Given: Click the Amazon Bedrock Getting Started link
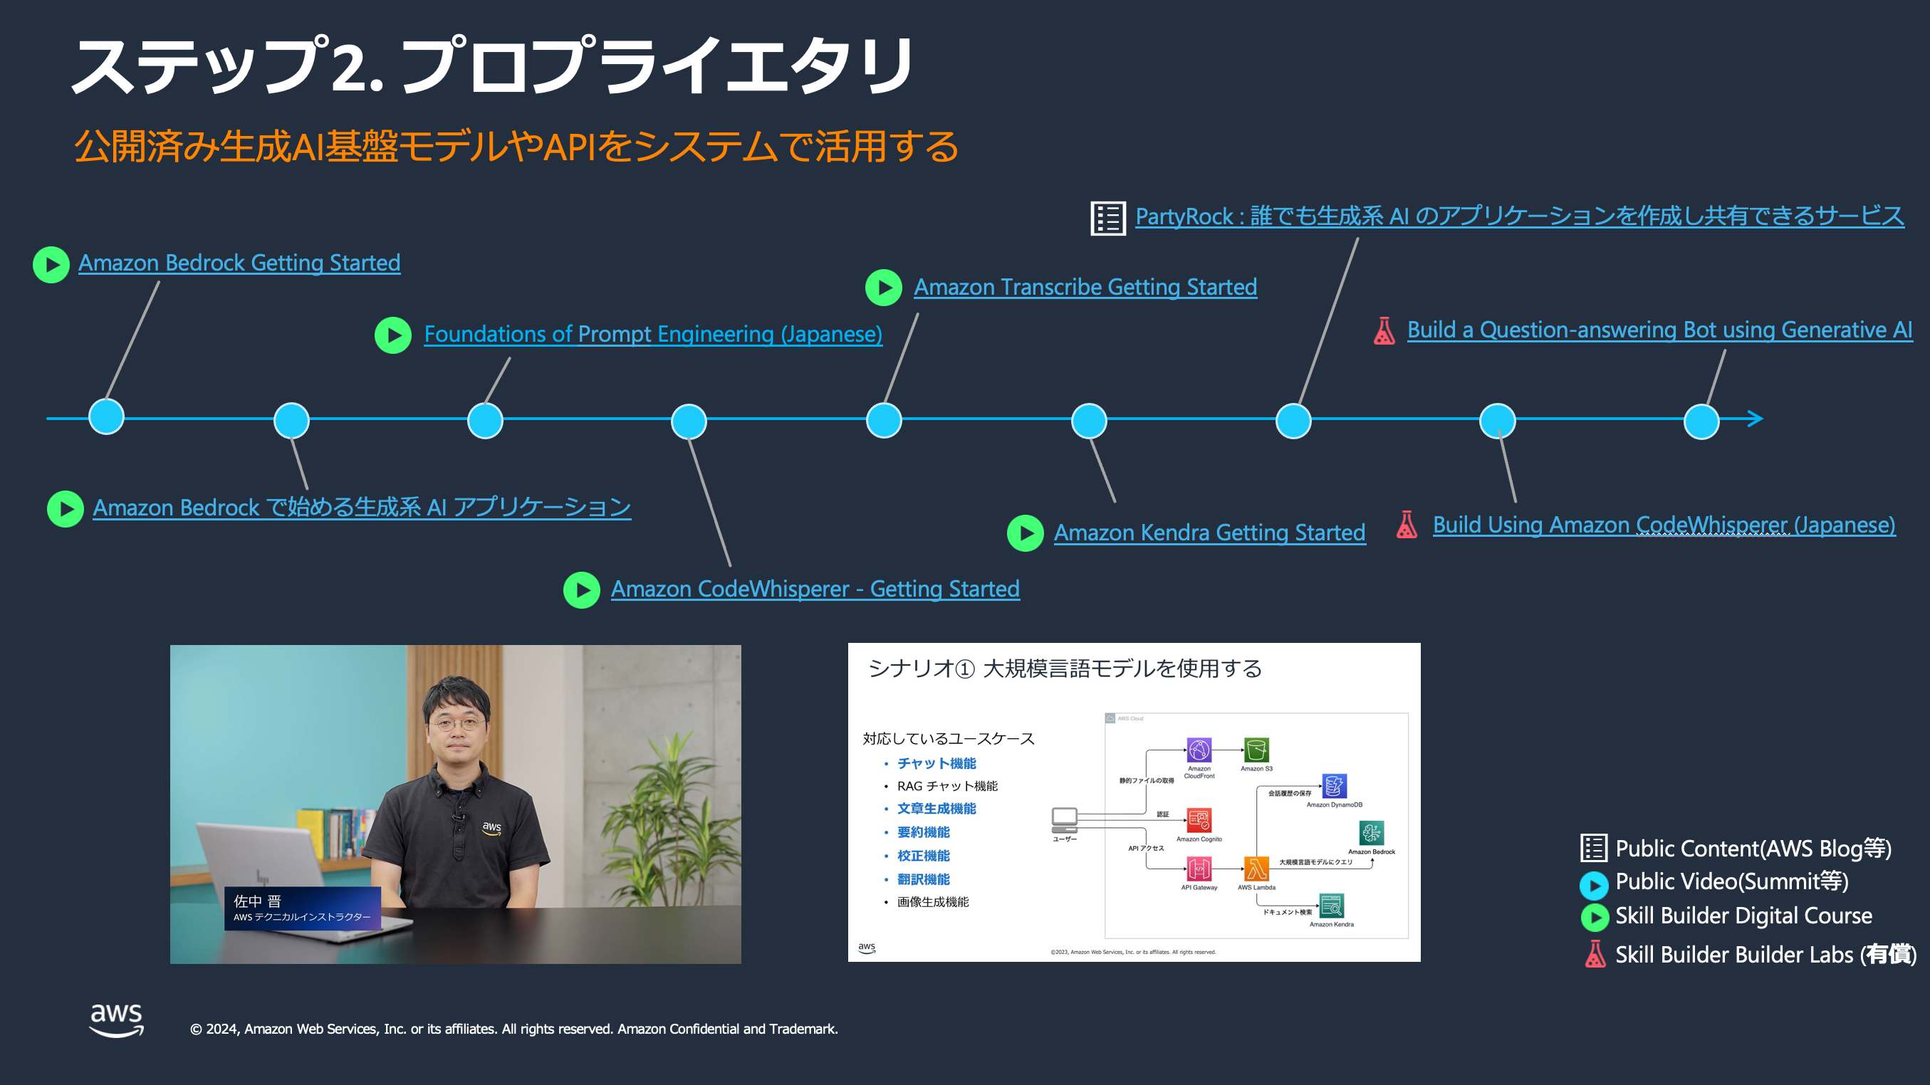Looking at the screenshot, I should click(239, 263).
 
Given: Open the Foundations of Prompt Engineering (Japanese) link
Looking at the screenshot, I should click(652, 334).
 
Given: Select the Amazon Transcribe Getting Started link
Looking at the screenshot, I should click(1085, 287).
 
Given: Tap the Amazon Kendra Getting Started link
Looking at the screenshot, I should click(1209, 533).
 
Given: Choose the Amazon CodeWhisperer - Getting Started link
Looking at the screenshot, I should click(815, 589).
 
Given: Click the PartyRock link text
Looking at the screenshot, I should click(1519, 216).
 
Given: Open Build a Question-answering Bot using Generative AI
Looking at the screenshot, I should click(1659, 330).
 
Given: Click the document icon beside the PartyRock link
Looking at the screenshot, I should click(1107, 218).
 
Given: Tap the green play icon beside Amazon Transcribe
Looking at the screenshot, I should click(884, 288).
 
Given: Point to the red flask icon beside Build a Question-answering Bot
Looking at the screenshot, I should click(1384, 330).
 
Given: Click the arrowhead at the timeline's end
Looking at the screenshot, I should click(1755, 419).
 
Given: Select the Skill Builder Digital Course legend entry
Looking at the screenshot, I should click(1743, 916).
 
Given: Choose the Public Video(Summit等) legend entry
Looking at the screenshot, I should click(1731, 881).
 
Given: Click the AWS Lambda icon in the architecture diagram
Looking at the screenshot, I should click(1256, 869).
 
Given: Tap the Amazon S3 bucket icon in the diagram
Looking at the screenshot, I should click(1256, 750).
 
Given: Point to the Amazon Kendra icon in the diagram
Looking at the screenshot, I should click(1331, 906).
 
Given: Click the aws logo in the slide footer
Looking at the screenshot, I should click(117, 1020).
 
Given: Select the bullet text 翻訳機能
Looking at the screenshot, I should click(923, 879).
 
